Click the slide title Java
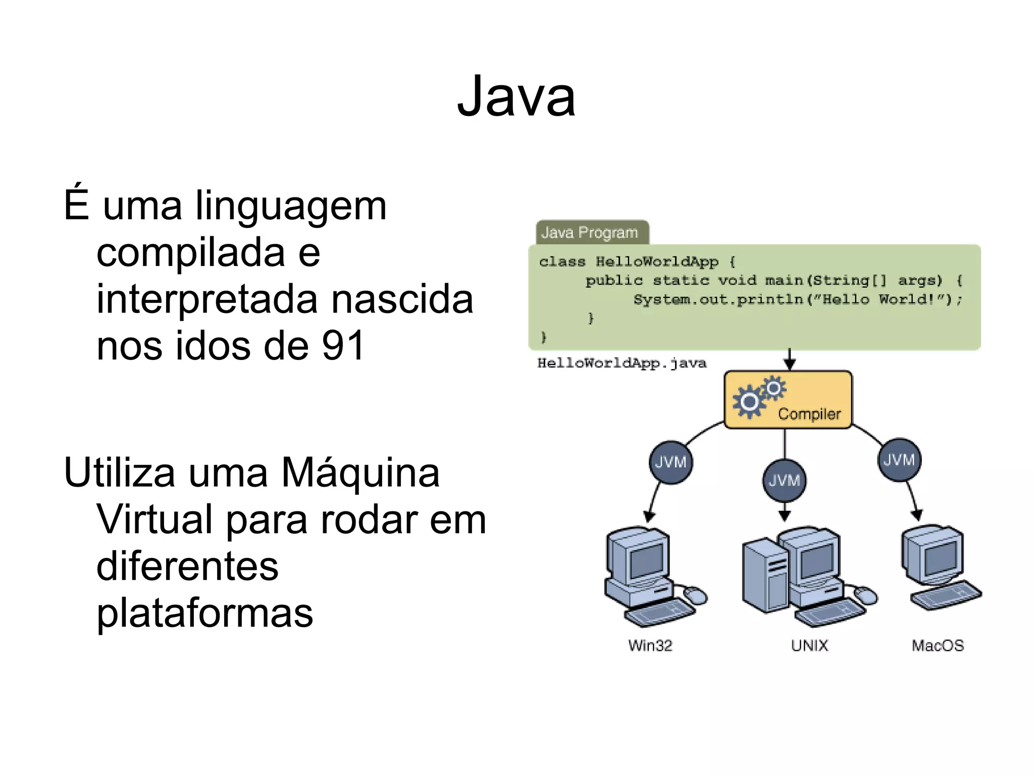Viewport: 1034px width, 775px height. click(x=516, y=96)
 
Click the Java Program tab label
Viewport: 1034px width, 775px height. click(x=590, y=233)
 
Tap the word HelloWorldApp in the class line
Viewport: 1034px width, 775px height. click(x=657, y=262)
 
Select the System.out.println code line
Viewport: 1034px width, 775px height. click(x=798, y=299)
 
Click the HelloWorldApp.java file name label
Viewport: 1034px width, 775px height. click(x=622, y=363)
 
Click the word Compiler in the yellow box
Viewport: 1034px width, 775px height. click(x=809, y=414)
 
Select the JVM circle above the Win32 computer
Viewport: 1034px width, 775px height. click(x=670, y=462)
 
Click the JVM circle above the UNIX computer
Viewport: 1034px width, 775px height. click(x=784, y=480)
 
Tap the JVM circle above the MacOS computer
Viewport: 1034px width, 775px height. click(x=899, y=460)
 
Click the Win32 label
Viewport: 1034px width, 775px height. click(x=650, y=645)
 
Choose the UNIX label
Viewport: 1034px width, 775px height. click(x=809, y=645)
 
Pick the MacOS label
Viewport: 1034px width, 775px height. click(x=938, y=645)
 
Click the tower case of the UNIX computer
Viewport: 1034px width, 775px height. click(x=764, y=576)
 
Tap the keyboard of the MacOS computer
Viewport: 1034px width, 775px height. click(x=946, y=596)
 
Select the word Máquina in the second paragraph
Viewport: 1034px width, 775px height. click(x=360, y=473)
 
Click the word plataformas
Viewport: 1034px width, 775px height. click(x=204, y=613)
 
